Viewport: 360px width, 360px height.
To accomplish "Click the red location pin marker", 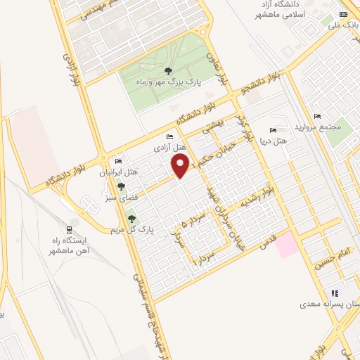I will click(x=181, y=165).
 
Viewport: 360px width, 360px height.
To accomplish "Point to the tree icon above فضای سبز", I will click(x=121, y=186).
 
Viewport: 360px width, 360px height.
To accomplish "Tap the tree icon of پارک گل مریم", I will click(x=131, y=219).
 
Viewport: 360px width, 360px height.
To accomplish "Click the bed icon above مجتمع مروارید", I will click(x=317, y=116).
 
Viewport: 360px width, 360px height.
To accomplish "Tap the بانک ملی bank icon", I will click(x=343, y=14).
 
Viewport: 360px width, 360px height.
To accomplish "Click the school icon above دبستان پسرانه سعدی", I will click(x=334, y=292).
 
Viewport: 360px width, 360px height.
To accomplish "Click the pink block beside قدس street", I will click(x=286, y=245).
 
